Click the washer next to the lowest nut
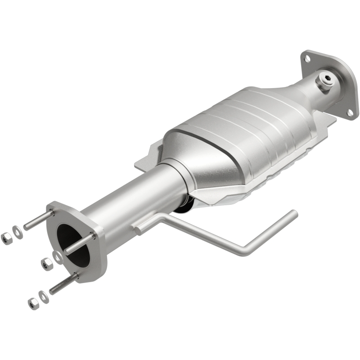[x=42, y=296]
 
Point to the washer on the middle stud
[x=58, y=256]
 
